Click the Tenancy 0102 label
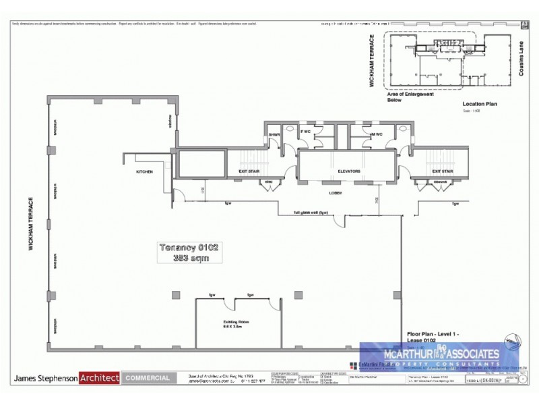tap(188, 247)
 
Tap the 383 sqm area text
tap(188, 258)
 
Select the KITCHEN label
tap(144, 172)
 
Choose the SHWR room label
tap(274, 135)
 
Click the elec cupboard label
tap(267, 182)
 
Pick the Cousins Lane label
tap(521, 59)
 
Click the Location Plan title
tap(479, 104)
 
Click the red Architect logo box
tap(99, 378)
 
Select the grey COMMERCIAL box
tap(148, 378)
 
